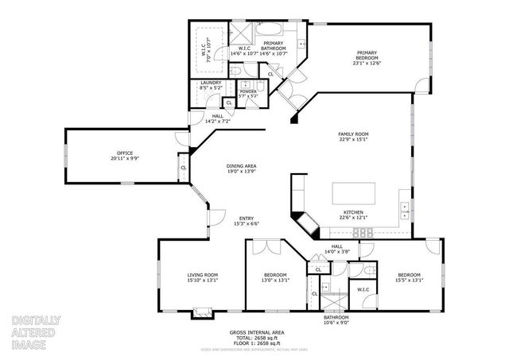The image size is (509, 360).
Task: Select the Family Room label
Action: [x=354, y=136]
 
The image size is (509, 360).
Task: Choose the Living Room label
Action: [x=202, y=277]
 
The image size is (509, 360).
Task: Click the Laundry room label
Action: [x=211, y=85]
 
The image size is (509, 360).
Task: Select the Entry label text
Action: [x=244, y=222]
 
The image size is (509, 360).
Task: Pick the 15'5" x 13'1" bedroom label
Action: [x=409, y=277]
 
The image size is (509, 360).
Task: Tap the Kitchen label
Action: [x=354, y=215]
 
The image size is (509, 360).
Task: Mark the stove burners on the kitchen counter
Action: [x=365, y=232]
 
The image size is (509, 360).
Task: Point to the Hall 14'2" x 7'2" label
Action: [x=217, y=119]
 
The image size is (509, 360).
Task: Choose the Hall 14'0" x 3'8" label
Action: [x=337, y=249]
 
